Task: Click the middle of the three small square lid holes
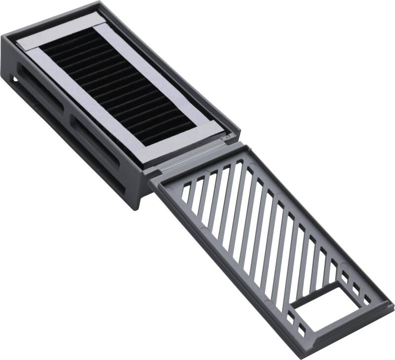356,291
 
